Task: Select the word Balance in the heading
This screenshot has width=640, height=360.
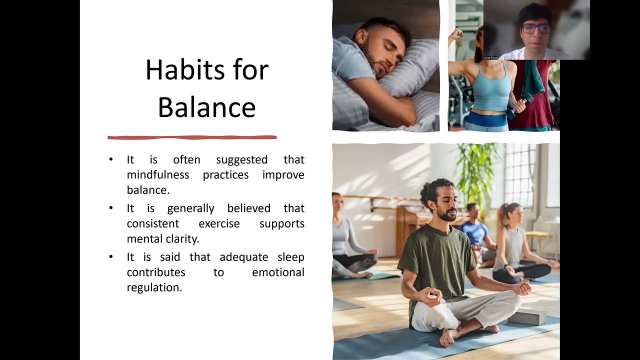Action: pos(206,107)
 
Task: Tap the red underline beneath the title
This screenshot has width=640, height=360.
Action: pos(192,137)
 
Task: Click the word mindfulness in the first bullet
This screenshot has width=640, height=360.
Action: pos(157,174)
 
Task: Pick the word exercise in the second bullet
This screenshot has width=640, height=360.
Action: pos(219,223)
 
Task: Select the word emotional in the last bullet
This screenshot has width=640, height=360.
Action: pos(278,272)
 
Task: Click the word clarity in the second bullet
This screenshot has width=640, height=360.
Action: pos(180,238)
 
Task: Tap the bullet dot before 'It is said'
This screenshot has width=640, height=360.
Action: pos(111,257)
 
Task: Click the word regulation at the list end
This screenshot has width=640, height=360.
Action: pos(154,287)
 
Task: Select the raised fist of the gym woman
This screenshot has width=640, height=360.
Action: pos(456,34)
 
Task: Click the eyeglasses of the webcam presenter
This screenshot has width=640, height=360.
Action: pos(535,28)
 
